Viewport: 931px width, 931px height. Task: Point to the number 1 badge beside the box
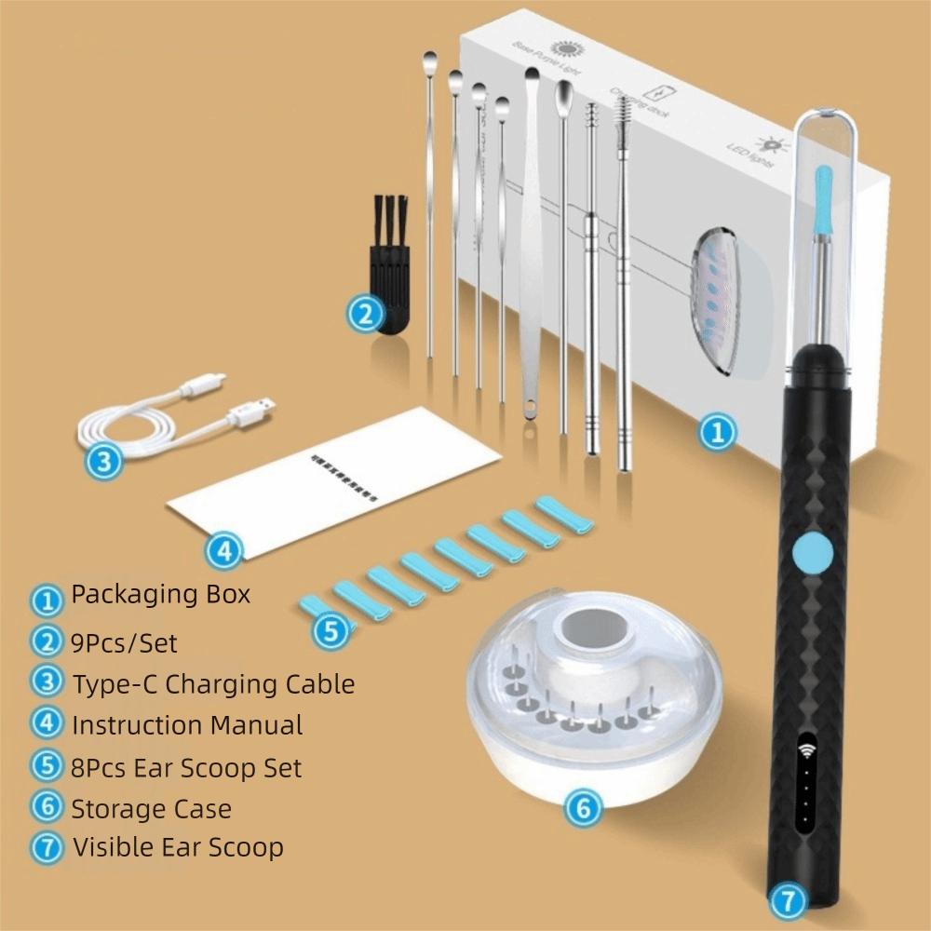click(717, 432)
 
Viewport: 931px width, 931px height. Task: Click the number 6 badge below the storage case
click(583, 807)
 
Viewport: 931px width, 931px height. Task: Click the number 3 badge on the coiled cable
click(105, 460)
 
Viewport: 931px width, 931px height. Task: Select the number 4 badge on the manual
click(223, 551)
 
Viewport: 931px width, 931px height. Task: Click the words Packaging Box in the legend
click(160, 595)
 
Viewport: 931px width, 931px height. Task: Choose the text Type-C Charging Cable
click(213, 683)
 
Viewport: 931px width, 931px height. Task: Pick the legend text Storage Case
click(151, 807)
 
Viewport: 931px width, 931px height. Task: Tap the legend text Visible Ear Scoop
click(177, 847)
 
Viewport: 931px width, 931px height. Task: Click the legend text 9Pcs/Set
click(123, 641)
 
